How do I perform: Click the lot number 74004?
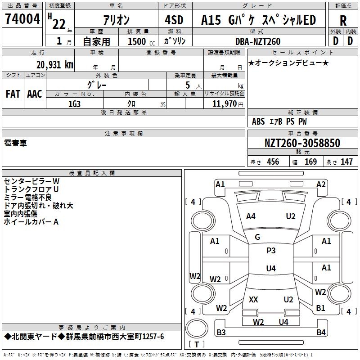[22, 19]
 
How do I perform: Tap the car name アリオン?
[116, 20]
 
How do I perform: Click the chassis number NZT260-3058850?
[302, 144]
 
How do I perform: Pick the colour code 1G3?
[74, 103]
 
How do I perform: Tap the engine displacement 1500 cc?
[140, 41]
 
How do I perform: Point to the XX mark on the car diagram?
[253, 299]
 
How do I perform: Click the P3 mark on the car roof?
[271, 251]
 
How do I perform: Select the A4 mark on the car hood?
[251, 216]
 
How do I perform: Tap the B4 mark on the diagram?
[320, 333]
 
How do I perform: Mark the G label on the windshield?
[257, 237]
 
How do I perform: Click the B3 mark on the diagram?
[221, 333]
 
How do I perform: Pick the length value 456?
[273, 162]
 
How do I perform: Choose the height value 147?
[346, 162]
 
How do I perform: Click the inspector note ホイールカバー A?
[31, 222]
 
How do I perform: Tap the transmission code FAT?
[13, 94]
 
